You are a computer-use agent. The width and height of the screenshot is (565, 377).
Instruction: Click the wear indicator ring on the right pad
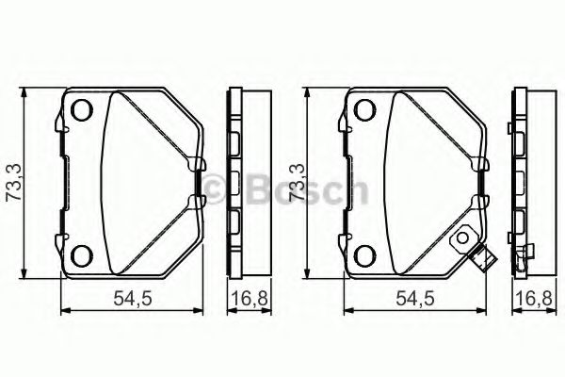click(464, 241)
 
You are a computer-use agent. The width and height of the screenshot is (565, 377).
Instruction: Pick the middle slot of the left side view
click(236, 182)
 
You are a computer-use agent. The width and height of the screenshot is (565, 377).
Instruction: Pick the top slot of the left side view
click(236, 141)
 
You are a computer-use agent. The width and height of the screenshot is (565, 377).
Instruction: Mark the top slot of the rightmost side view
click(519, 141)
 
